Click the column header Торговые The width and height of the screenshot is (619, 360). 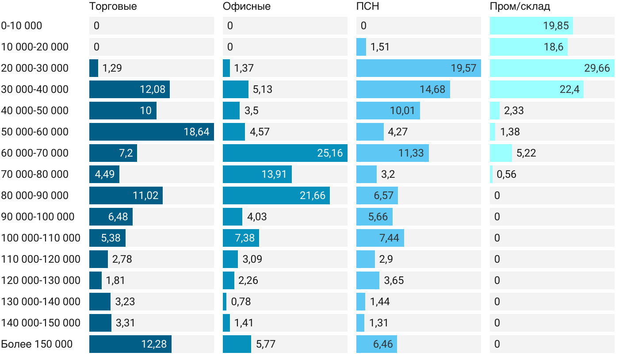pyautogui.click(x=113, y=7)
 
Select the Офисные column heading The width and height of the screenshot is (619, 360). pyautogui.click(x=246, y=7)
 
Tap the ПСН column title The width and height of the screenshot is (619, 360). pyautogui.click(x=367, y=7)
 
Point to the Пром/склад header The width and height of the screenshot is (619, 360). pyautogui.click(x=520, y=7)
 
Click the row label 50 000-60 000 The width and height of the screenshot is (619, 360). pyautogui.click(x=35, y=132)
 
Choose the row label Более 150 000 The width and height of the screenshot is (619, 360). pyautogui.click(x=37, y=344)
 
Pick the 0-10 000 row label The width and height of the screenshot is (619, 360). pyautogui.click(x=22, y=26)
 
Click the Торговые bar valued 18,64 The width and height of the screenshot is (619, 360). pyautogui.click(x=151, y=132)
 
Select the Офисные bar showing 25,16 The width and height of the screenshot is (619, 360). pyautogui.click(x=285, y=153)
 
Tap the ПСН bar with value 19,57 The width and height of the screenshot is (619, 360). pyautogui.click(x=418, y=68)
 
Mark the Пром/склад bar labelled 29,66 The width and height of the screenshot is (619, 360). pyautogui.click(x=552, y=68)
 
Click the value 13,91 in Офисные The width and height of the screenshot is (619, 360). pyautogui.click(x=274, y=175)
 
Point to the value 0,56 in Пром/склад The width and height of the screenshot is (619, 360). pyautogui.click(x=506, y=175)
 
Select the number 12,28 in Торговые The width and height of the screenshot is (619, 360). pyautogui.click(x=154, y=345)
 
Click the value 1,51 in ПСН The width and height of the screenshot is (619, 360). pyautogui.click(x=380, y=47)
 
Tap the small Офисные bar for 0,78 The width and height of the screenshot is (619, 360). pyautogui.click(x=225, y=302)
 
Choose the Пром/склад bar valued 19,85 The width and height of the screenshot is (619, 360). pyautogui.click(x=531, y=26)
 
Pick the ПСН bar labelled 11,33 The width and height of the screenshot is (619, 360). pyautogui.click(x=392, y=153)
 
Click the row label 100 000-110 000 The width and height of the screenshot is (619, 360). pyautogui.click(x=41, y=238)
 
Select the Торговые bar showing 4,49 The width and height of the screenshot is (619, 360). pyautogui.click(x=104, y=174)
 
